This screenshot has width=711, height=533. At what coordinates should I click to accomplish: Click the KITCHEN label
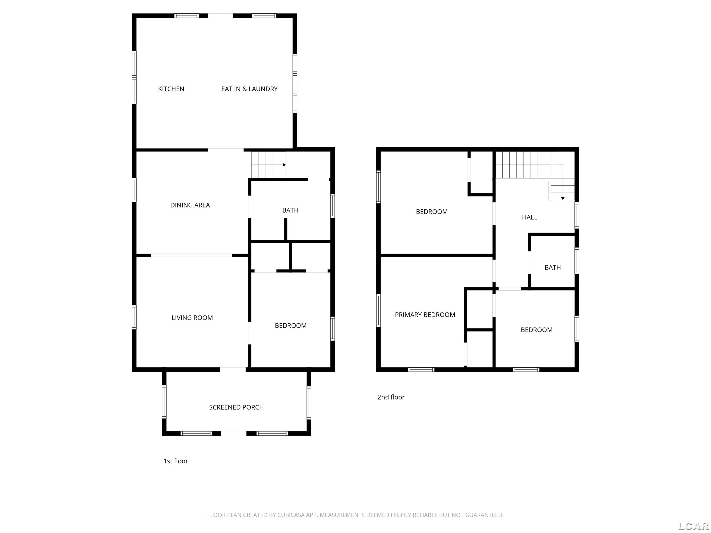[171, 89]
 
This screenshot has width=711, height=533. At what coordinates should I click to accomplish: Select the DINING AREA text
[190, 205]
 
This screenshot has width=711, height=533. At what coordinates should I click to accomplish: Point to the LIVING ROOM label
[192, 318]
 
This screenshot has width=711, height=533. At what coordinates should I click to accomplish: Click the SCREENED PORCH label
[236, 407]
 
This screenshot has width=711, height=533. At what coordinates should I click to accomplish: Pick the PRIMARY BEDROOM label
[425, 315]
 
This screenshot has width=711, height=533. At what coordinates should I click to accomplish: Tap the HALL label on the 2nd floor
[529, 217]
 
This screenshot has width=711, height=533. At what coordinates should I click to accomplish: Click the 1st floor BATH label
[290, 211]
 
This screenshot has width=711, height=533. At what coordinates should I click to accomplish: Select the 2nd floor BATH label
[552, 268]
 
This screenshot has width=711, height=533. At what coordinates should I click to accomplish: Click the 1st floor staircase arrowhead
[284, 165]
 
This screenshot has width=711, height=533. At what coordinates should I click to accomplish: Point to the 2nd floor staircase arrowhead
[563, 198]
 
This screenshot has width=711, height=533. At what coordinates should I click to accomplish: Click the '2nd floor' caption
[391, 397]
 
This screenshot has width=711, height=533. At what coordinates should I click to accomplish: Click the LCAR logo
[693, 526]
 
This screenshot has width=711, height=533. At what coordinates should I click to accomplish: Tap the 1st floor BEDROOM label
[290, 326]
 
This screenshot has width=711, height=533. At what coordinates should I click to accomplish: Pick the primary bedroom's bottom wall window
[421, 369]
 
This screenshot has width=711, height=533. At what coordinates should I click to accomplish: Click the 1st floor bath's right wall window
[333, 206]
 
